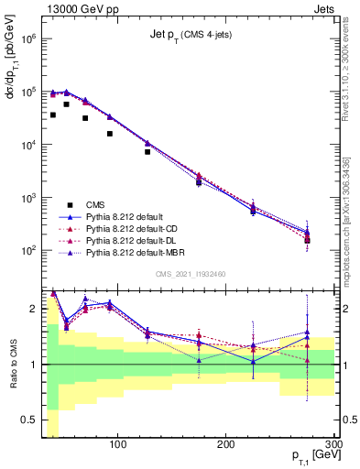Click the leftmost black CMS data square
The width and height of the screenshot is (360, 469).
[53, 115]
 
